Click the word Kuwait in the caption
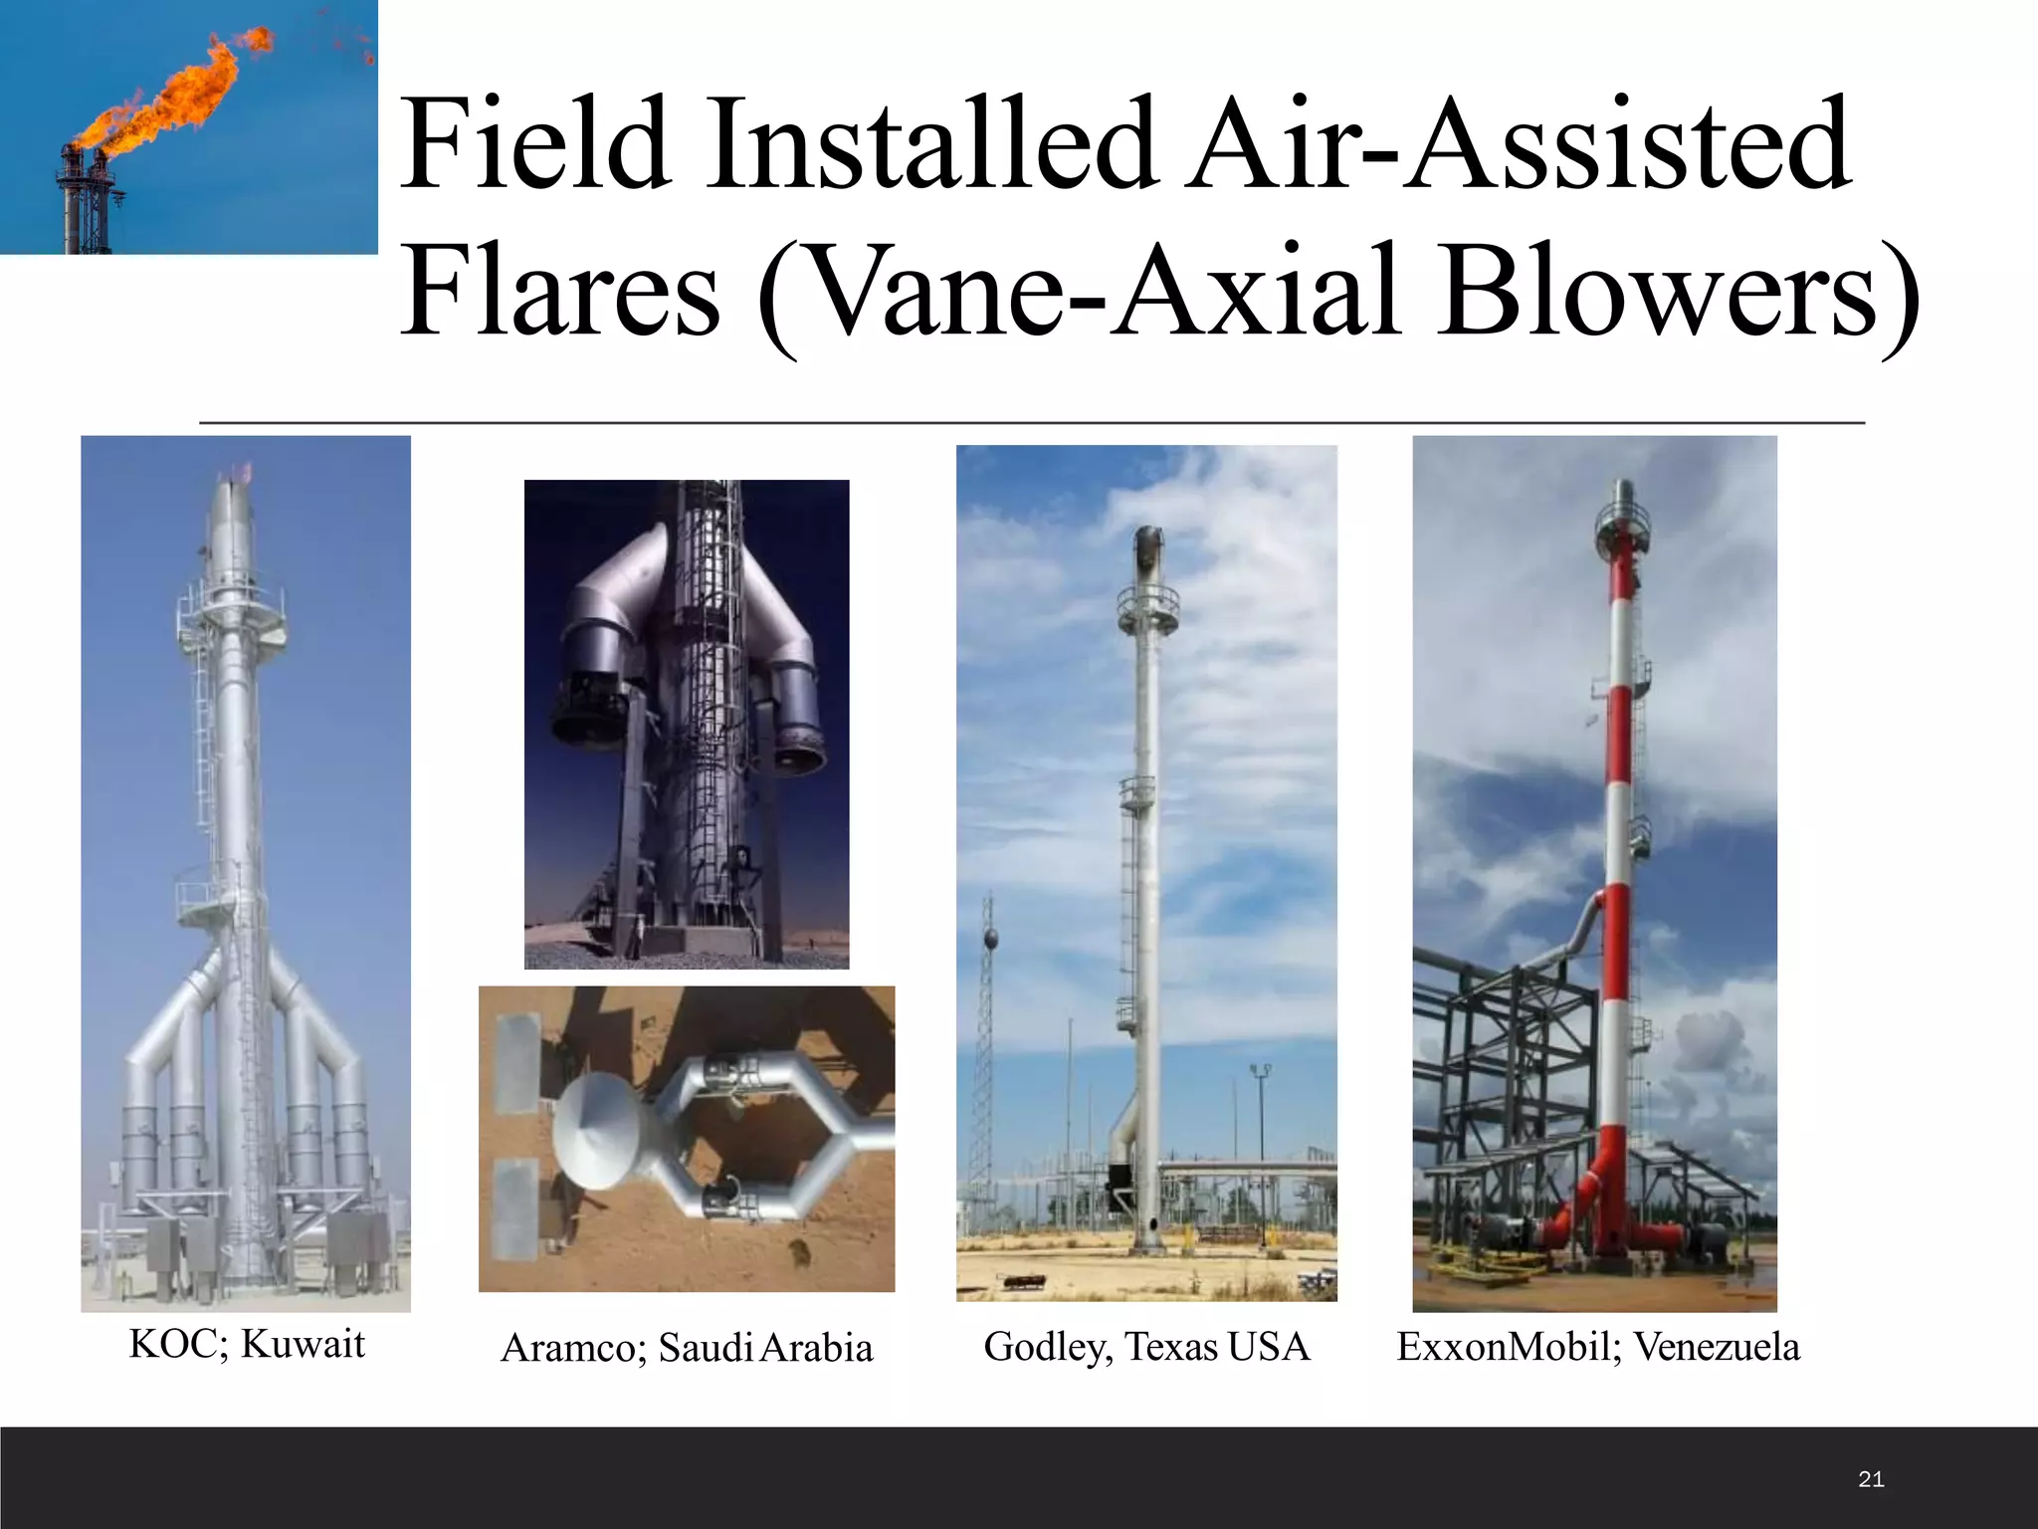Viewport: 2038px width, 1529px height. [303, 1344]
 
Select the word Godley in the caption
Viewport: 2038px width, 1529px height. [1048, 1347]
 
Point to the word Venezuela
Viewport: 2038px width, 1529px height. [1717, 1347]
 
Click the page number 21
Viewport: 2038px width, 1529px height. [1871, 1480]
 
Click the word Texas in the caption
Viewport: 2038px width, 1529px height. [1171, 1347]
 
